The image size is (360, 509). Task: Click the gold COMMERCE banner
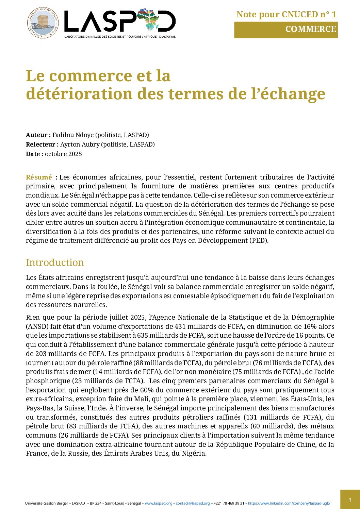(286, 30)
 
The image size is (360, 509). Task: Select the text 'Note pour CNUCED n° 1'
(286, 14)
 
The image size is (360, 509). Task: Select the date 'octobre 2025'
(63, 154)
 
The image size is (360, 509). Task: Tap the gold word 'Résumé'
(39, 177)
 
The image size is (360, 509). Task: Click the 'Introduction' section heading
(55, 262)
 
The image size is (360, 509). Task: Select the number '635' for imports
(143, 336)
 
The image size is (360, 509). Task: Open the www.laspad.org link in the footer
(159, 503)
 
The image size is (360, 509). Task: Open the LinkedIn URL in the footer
(289, 503)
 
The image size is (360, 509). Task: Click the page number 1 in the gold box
(350, 499)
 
